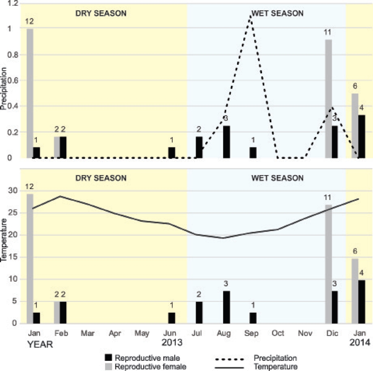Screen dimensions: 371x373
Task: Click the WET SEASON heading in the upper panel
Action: pos(277,14)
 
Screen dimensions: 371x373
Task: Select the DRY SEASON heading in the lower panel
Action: pos(101,178)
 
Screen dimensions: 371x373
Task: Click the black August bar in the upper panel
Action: pos(226,142)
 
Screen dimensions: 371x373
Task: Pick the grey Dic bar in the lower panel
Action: pos(328,264)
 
